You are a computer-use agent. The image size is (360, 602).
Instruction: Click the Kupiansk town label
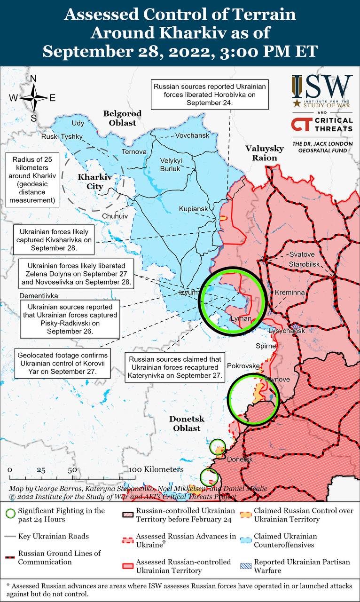coord(193,208)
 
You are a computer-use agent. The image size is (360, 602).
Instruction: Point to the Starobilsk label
coord(305,263)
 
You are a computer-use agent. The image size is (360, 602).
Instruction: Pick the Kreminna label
coord(290,293)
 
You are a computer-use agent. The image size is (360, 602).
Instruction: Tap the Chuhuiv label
coord(115,215)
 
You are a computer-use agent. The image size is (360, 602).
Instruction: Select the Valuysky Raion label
coord(265,153)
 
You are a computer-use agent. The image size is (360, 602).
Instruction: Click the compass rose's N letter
coord(33,79)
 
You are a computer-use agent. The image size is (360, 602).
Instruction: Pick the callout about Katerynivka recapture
coord(174,367)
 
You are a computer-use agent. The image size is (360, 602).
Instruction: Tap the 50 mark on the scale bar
coord(72,470)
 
